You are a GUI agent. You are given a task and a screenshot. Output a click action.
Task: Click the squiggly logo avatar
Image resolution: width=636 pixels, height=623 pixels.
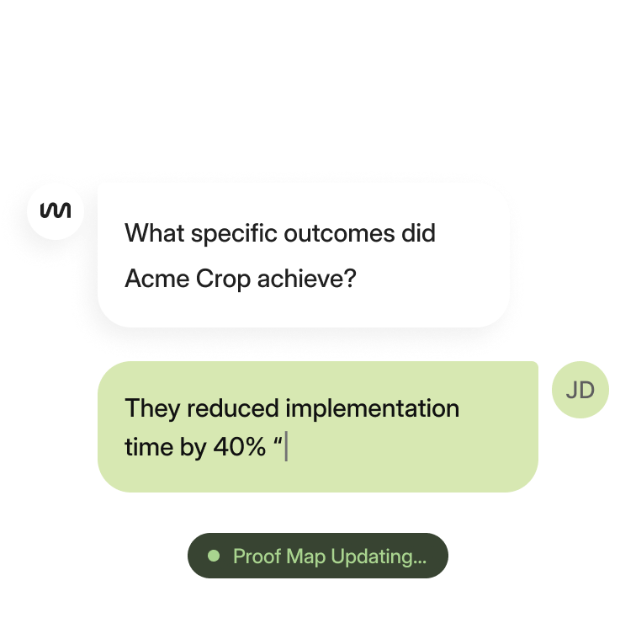click(56, 211)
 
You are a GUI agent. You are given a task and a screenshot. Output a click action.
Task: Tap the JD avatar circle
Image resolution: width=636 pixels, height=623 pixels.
click(580, 390)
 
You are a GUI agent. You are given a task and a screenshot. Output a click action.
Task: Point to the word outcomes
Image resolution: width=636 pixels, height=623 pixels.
click(339, 234)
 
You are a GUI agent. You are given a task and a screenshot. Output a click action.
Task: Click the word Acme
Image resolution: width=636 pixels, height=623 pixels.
click(156, 279)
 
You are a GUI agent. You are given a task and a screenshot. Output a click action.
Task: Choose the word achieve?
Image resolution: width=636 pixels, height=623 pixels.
click(306, 279)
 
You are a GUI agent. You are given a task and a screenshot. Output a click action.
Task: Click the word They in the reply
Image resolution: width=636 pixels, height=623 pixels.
click(152, 408)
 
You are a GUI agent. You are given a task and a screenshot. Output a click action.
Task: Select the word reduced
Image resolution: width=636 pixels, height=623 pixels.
click(232, 408)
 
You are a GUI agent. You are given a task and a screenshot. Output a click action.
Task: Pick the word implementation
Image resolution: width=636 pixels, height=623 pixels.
click(373, 408)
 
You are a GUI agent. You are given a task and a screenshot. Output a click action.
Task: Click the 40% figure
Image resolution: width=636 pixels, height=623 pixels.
click(239, 447)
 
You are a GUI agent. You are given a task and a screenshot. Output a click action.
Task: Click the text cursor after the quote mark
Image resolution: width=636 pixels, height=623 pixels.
click(286, 447)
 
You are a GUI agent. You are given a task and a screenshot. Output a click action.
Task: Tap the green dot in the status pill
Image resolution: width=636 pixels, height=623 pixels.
click(214, 556)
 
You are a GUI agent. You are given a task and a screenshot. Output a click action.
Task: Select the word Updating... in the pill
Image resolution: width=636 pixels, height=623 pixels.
click(379, 556)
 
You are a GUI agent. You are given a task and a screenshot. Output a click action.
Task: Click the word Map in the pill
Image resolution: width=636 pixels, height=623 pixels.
click(305, 556)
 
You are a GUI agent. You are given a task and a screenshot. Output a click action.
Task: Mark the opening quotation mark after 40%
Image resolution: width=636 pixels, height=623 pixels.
click(278, 441)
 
